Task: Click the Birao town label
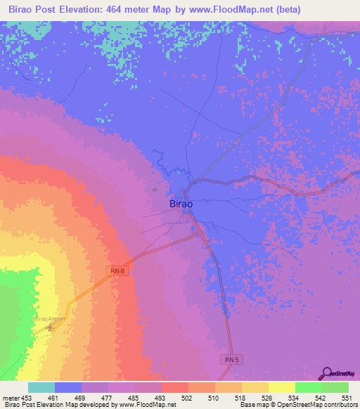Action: point(181,204)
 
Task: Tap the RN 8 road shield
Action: point(118,271)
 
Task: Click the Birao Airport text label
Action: point(49,318)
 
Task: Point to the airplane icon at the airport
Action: point(49,327)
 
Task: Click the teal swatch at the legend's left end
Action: point(41,387)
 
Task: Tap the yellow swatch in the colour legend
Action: point(281,387)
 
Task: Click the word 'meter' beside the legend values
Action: point(10,397)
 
